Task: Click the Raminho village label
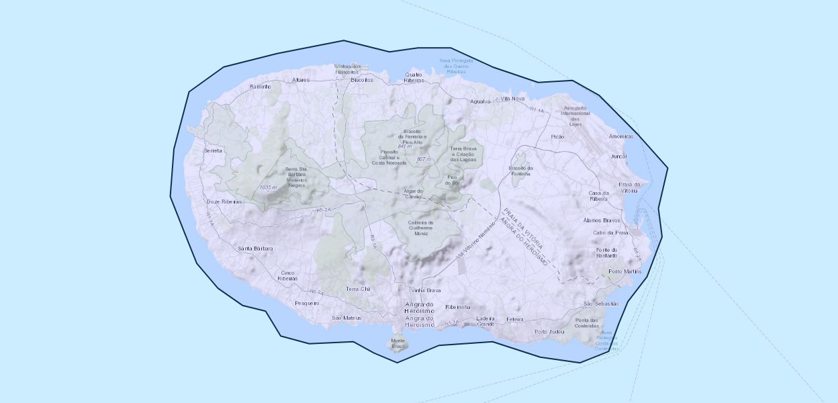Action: [260, 87]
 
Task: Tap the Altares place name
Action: [301, 80]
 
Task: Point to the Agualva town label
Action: [481, 101]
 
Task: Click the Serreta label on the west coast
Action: [213, 151]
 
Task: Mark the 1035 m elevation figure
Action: [268, 187]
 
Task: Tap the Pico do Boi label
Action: [453, 180]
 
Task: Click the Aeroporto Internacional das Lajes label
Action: [575, 116]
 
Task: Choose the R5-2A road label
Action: [324, 210]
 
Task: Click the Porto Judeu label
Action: [549, 332]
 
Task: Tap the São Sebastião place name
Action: [601, 304]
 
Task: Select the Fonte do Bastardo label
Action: [606, 252]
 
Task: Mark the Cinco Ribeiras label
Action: [287, 275]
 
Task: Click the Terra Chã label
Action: [358, 289]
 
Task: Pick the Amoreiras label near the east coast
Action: [621, 136]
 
